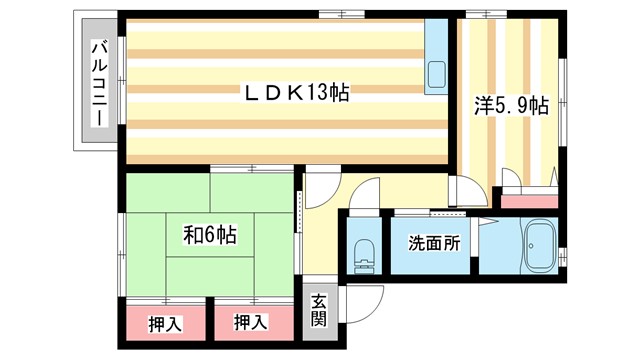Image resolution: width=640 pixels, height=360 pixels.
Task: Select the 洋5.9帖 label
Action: click(509, 104)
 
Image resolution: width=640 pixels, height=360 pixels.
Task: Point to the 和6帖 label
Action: click(209, 235)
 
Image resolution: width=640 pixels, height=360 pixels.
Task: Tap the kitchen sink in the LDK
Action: click(438, 73)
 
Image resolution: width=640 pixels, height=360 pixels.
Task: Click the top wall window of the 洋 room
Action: click(478, 12)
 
